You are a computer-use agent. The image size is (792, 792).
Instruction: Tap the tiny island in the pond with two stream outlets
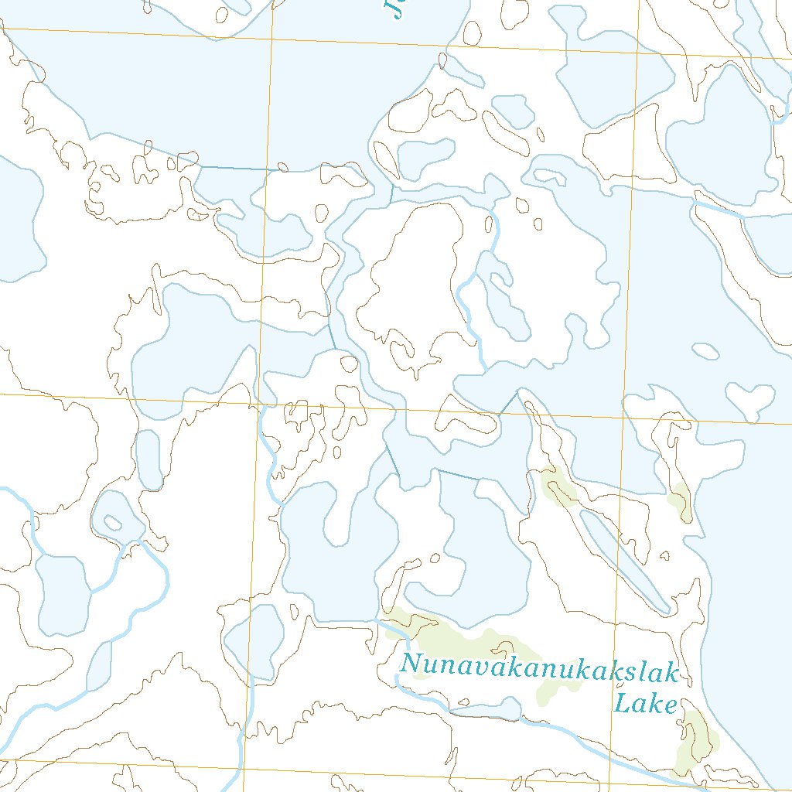[113, 523]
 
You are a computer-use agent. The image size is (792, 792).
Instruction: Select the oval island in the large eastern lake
[705, 351]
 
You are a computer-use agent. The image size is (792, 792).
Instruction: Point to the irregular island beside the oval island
[749, 399]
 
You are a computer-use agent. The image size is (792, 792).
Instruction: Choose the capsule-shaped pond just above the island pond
[148, 459]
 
